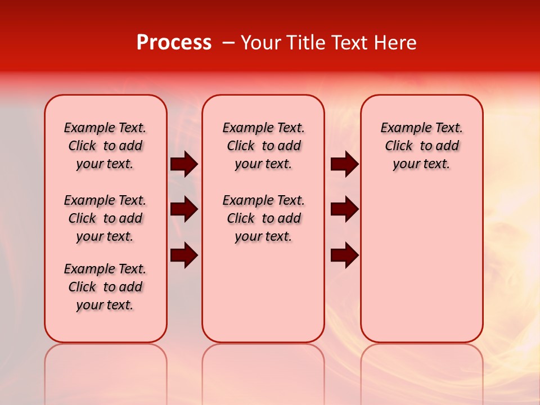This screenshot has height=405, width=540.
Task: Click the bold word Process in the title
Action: [x=174, y=43]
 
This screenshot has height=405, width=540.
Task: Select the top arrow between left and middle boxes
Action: [x=184, y=164]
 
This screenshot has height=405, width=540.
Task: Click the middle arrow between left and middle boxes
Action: [x=184, y=210]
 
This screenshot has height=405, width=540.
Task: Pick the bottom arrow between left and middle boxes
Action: [x=184, y=255]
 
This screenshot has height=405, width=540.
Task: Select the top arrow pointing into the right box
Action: [x=344, y=164]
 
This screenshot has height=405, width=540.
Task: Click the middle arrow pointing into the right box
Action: [x=344, y=210]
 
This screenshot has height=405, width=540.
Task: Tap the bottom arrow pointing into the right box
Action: [x=344, y=255]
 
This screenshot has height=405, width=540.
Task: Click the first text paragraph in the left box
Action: [x=105, y=146]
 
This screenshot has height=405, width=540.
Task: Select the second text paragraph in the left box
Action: [x=105, y=218]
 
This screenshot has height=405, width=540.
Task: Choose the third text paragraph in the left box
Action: [x=105, y=287]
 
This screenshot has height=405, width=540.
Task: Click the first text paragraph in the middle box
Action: [x=263, y=146]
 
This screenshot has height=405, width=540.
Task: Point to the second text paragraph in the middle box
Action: [x=263, y=218]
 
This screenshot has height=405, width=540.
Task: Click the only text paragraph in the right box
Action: [x=421, y=146]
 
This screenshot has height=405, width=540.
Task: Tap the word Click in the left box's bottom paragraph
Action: [x=82, y=287]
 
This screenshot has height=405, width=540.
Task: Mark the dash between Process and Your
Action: [x=228, y=43]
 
